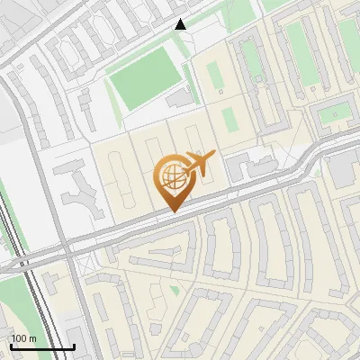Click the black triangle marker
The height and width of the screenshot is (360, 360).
click(181, 24)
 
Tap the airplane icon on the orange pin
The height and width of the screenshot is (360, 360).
click(198, 164)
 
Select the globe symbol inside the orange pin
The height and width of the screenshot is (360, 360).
click(170, 177)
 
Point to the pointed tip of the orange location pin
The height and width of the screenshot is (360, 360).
click(172, 211)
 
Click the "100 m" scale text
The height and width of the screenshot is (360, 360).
click(23, 338)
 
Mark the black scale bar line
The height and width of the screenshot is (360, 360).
click(41, 346)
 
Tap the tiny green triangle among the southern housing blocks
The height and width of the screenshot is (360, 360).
click(175, 290)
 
